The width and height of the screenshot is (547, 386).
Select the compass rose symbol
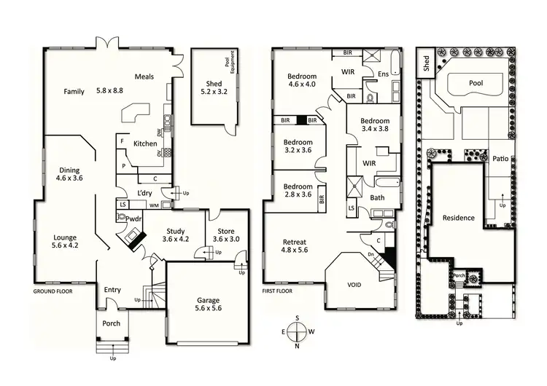[x=297, y=332]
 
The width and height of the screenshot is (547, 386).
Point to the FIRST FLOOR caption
[x=278, y=291]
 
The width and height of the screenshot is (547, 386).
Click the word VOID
[x=353, y=285]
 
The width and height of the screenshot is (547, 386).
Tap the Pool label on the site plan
[x=476, y=83]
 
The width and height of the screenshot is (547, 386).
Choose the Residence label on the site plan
[x=458, y=218]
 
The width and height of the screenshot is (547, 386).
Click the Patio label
[x=500, y=158]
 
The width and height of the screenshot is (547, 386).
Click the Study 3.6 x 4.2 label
[x=174, y=235]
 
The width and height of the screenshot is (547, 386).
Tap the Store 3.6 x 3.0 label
[x=225, y=235]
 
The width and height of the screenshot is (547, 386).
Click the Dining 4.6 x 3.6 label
[x=69, y=175]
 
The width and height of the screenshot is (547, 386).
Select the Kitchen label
[x=145, y=143]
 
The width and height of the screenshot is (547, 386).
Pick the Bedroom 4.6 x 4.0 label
[x=301, y=81]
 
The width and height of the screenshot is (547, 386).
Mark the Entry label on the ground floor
[x=112, y=289]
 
